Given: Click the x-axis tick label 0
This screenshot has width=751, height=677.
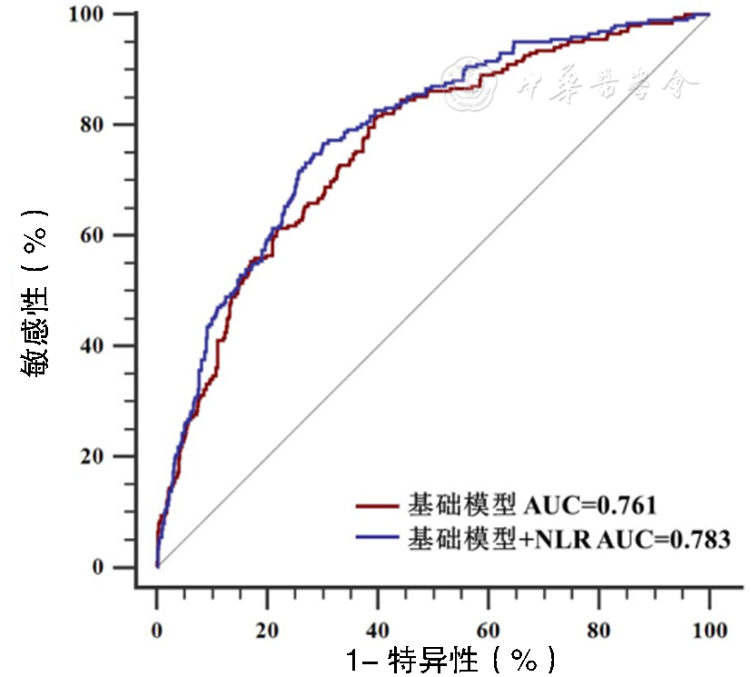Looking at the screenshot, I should [x=157, y=628].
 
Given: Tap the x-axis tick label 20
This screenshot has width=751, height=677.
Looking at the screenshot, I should [x=267, y=628].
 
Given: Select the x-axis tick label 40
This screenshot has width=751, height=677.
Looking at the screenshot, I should [x=378, y=628].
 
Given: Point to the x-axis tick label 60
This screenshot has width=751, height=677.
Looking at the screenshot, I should [x=489, y=628].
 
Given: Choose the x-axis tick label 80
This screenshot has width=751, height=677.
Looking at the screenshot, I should [x=598, y=628].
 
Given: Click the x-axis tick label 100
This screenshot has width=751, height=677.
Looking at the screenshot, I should [x=709, y=628].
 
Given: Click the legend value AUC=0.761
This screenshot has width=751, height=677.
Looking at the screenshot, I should [x=590, y=503].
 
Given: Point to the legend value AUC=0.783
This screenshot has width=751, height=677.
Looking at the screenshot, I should [x=664, y=539].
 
